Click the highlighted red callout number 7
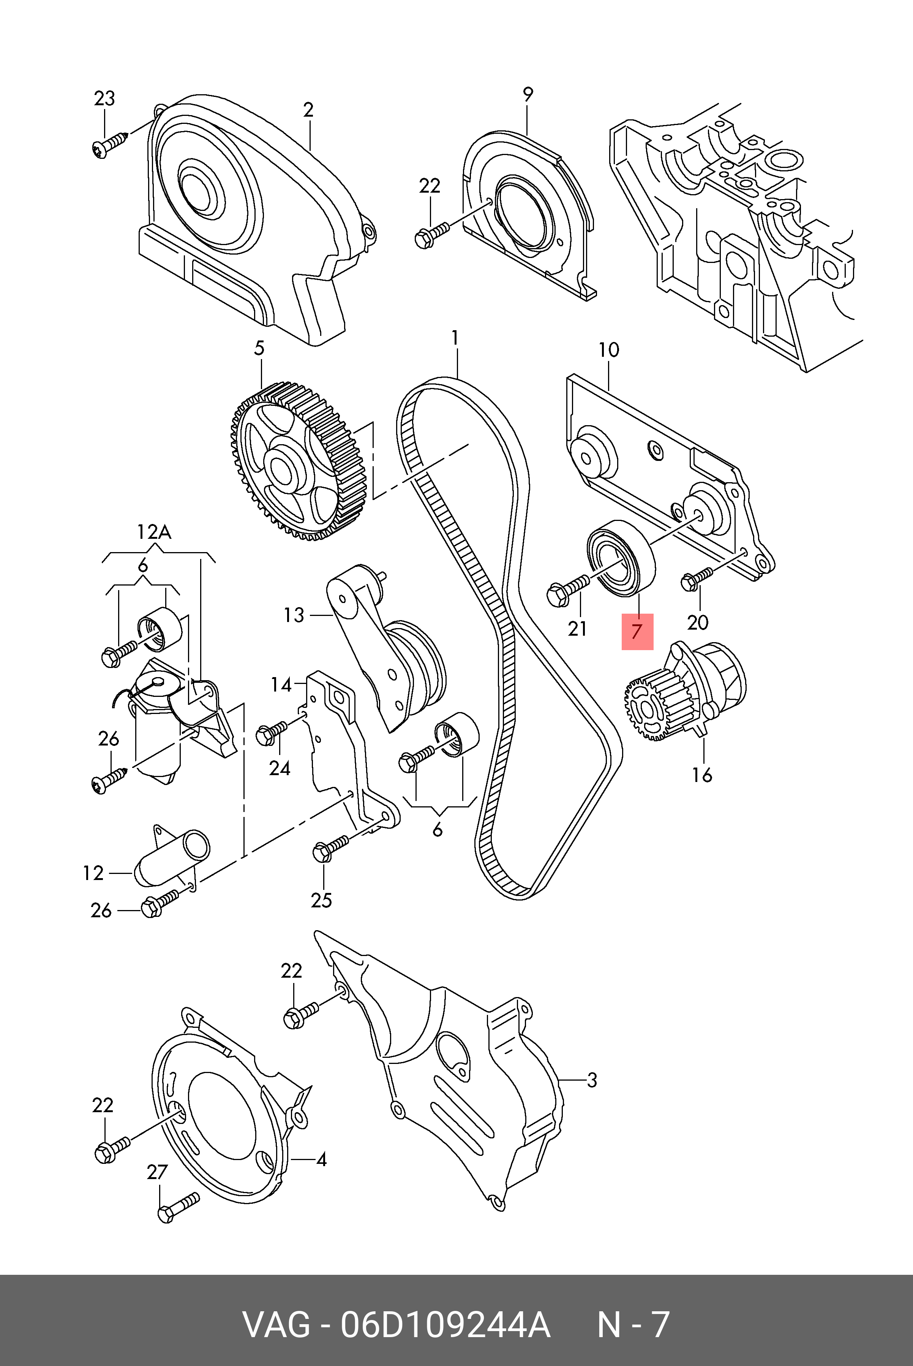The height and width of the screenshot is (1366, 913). [638, 632]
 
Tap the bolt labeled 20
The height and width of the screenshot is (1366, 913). [697, 577]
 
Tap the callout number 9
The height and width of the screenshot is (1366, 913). [528, 94]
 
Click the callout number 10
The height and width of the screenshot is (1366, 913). [608, 350]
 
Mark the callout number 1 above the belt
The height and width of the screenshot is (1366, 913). [455, 338]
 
